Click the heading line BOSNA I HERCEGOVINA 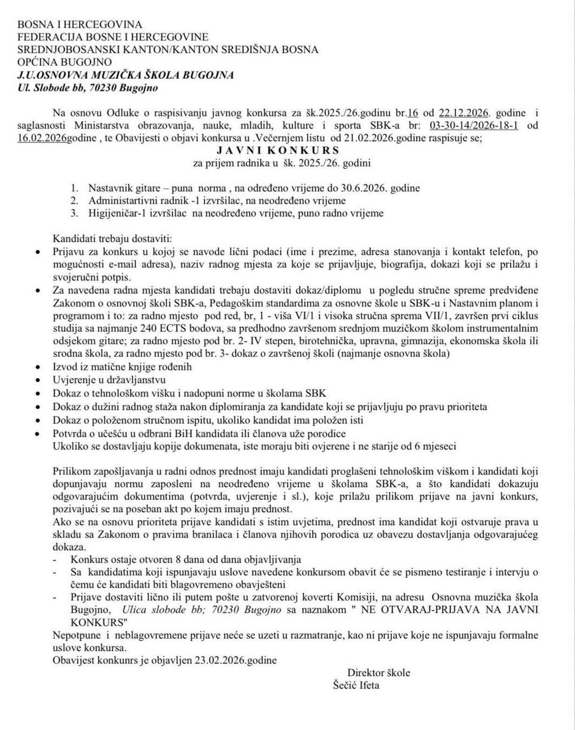click(80, 24)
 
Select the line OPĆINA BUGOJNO click(65, 62)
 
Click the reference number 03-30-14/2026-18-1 click(477, 126)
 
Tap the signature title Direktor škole click(379, 673)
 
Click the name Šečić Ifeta click(356, 686)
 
